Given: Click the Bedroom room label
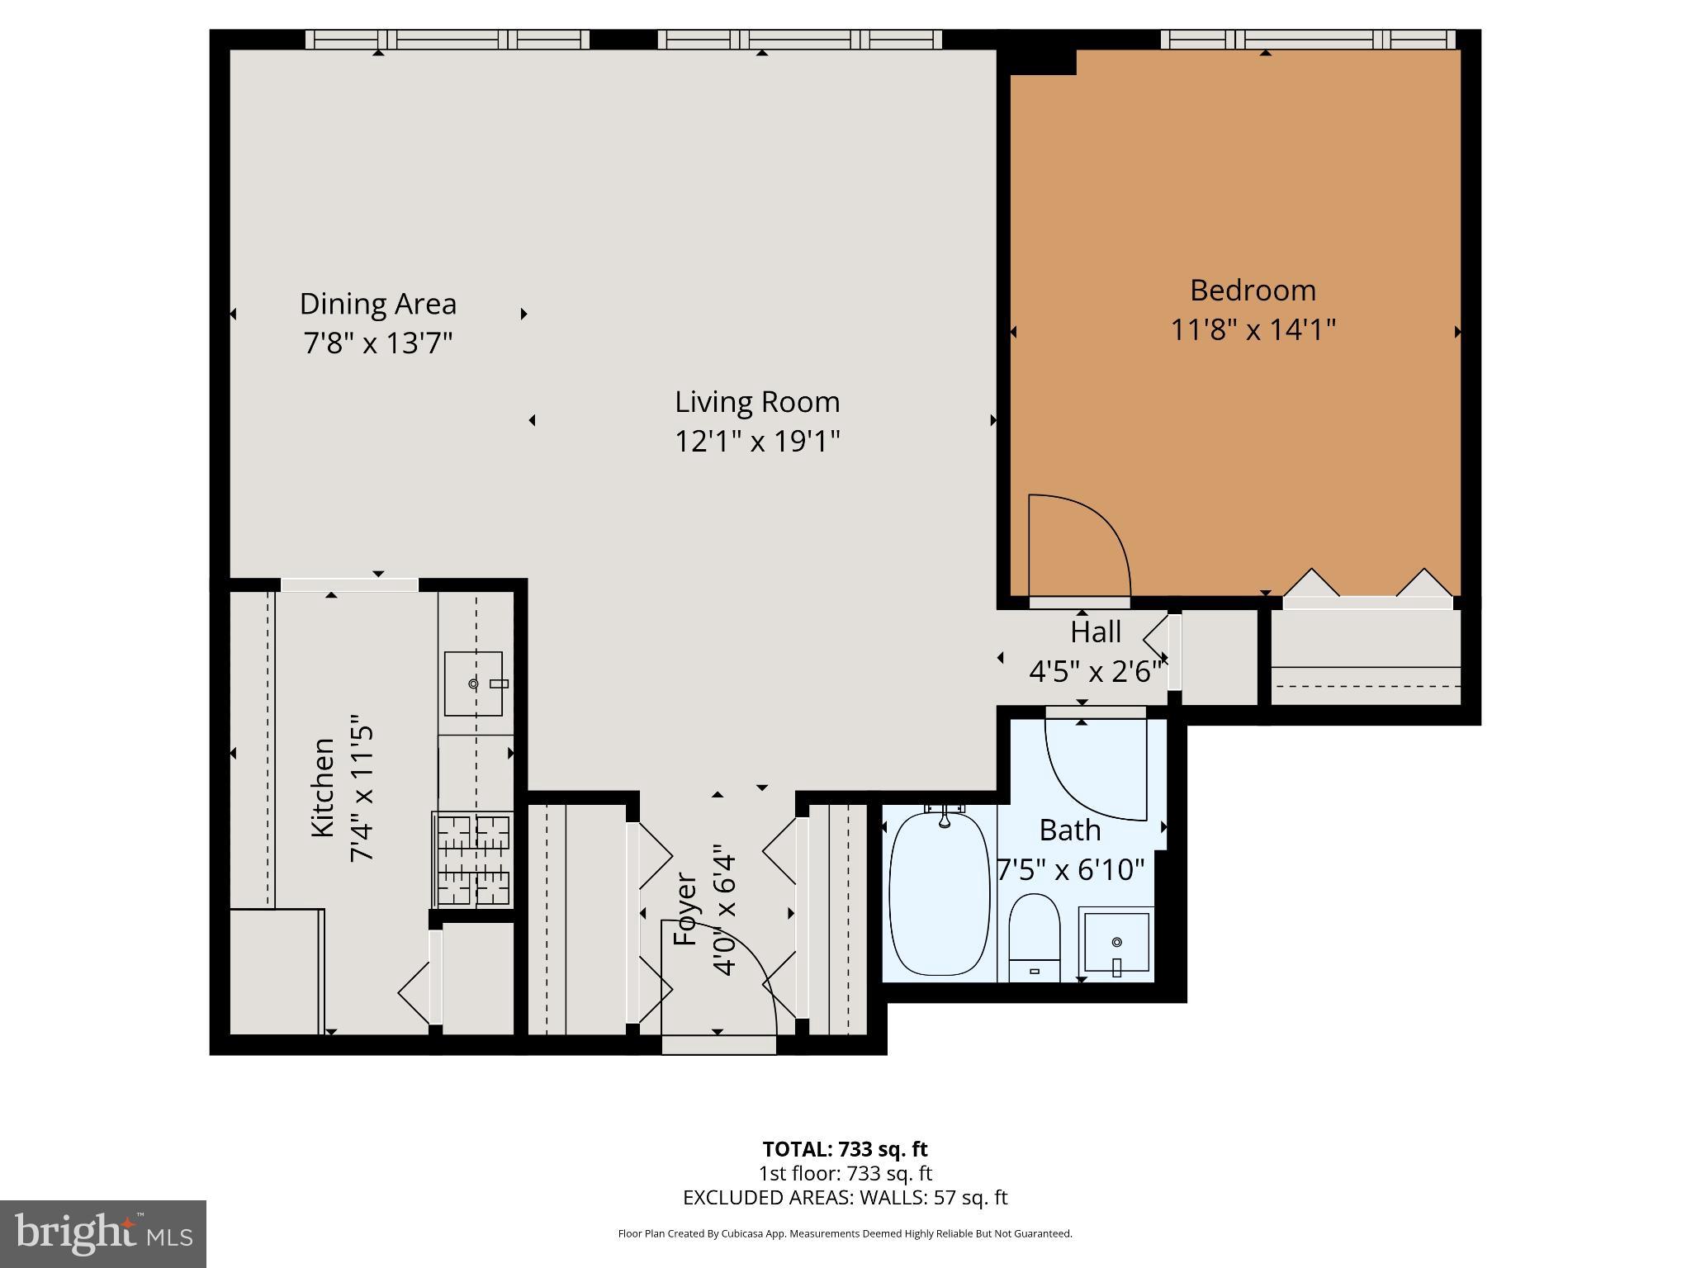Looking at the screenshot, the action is [1253, 291].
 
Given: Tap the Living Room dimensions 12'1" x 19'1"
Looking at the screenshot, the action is [757, 442].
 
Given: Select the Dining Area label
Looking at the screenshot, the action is [378, 305].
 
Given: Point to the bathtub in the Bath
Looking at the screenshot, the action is [940, 893].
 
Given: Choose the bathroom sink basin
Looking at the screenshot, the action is [1116, 942].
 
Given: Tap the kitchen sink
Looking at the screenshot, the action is [473, 684].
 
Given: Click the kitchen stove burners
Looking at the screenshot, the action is [472, 859].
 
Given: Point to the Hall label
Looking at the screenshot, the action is [1096, 632].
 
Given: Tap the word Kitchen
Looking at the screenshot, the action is [323, 787].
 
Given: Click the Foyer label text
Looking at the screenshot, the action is [686, 909].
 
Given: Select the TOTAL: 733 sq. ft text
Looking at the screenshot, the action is [845, 1149].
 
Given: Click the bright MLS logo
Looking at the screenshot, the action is [103, 1234].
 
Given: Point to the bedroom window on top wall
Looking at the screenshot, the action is [1308, 40].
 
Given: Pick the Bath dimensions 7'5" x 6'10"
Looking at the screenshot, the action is [1071, 870].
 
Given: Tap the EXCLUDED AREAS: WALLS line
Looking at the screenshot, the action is [845, 1197].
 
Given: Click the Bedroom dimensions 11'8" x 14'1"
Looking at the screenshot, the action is [1253, 330].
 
